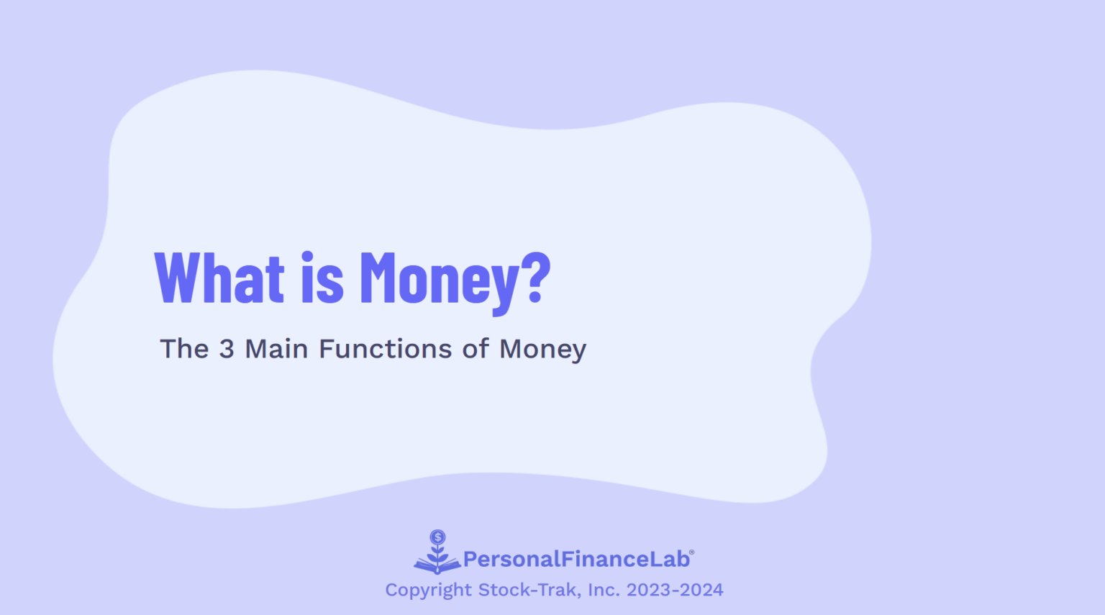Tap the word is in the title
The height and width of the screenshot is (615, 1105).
322,279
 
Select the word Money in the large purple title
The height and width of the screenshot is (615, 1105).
439,281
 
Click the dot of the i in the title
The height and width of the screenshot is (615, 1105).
307,256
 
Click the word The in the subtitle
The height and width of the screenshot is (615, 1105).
184,349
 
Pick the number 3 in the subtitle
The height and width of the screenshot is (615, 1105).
227,349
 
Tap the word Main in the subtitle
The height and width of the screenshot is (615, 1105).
276,349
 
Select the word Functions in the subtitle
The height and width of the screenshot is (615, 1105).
386,349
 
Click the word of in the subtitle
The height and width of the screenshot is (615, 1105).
476,349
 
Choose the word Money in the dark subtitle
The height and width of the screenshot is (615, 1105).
543,350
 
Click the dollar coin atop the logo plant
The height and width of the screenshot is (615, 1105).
437,537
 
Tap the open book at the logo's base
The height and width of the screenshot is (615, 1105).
437,567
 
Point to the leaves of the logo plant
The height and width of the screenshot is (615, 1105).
437,554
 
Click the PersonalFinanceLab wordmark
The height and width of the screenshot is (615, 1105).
576,559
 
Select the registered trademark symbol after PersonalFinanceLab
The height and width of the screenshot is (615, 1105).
692,552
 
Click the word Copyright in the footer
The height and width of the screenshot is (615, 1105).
428,591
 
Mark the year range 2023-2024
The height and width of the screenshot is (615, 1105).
675,590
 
